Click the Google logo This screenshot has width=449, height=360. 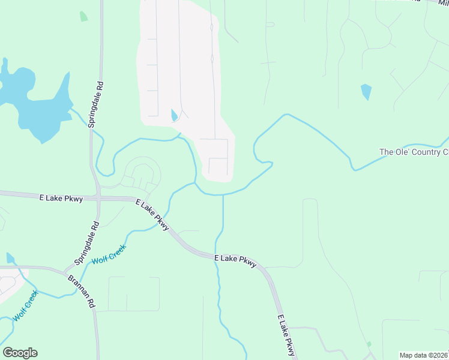coord(20,352)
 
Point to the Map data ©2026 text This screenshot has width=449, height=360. coord(424,355)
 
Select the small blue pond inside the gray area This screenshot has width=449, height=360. coord(174,115)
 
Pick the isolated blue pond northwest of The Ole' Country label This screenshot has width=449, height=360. coord(366,92)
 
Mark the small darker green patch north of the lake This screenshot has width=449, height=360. coord(83,16)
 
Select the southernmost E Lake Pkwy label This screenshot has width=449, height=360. coord(286,336)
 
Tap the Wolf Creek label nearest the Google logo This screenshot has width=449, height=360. coord(26,305)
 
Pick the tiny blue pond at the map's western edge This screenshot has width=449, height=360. coord(10,257)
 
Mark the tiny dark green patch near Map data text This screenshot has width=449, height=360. coord(369,344)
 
